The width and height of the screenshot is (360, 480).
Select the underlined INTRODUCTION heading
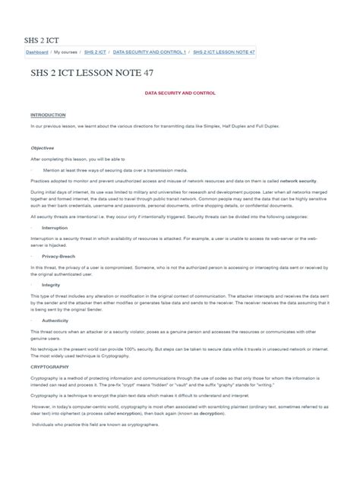point(48,115)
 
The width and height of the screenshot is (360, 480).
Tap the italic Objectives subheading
point(43,148)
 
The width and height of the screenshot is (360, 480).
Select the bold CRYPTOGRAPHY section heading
point(52,365)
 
